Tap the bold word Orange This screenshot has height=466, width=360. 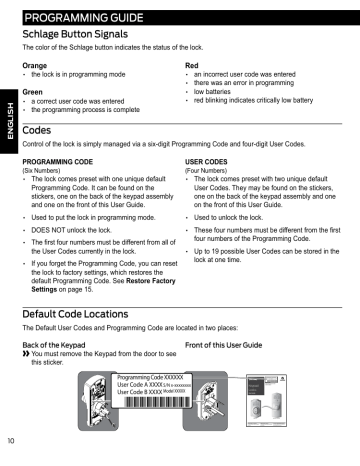pos(36,65)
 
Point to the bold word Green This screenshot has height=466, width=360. pos(35,91)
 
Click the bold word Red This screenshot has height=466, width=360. pos(194,65)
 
